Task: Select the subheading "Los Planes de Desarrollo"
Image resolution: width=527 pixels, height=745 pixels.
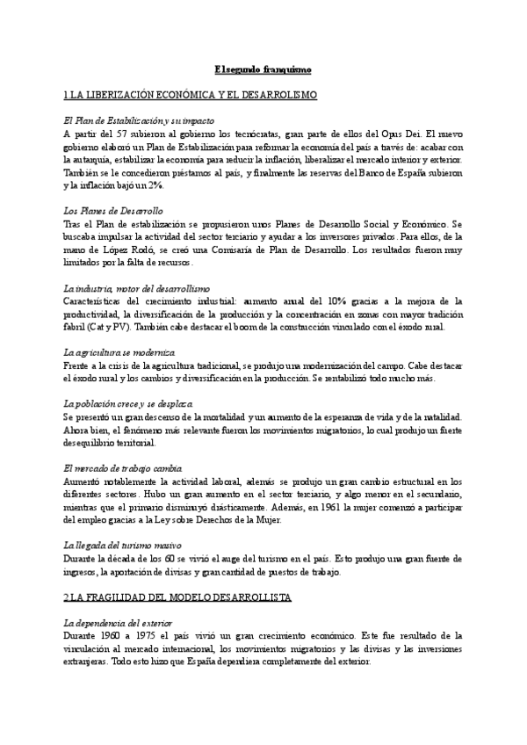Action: click(114, 212)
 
